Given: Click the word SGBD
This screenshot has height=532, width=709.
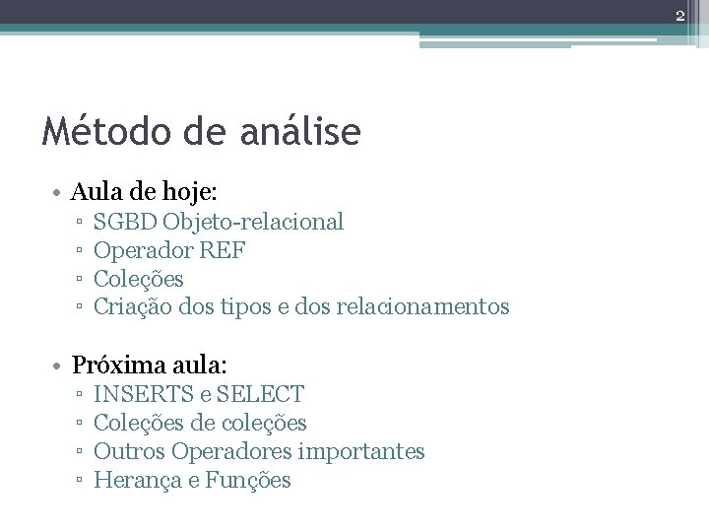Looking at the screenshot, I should coord(125,222).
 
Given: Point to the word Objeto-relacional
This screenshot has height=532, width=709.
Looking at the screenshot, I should coord(254,222).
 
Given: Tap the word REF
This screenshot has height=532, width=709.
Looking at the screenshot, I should coord(224,250).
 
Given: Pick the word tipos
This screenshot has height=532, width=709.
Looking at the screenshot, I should coord(264,307).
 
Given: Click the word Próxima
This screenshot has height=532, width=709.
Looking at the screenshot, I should coord(111,366).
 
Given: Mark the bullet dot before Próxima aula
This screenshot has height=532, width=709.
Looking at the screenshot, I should coord(59,366).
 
